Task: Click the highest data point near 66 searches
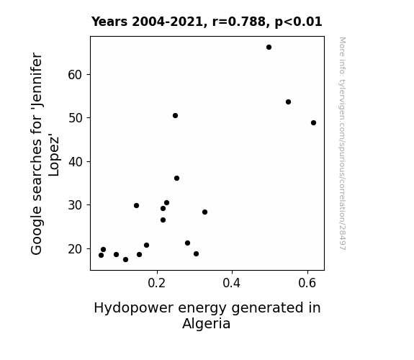[269, 48]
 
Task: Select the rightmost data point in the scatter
[313, 123]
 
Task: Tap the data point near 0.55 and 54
[288, 102]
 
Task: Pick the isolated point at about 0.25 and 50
[175, 116]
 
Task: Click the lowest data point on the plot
[126, 260]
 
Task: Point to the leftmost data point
[101, 255]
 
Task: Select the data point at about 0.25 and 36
[176, 179]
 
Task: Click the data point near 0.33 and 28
[204, 212]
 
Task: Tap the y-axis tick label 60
[75, 75]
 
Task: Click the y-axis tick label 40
[75, 162]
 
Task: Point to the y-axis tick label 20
[75, 249]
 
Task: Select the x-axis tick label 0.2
[157, 283]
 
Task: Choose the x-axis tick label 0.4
[232, 283]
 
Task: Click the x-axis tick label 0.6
[307, 283]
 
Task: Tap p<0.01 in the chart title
[298, 22]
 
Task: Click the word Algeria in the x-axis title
[206, 324]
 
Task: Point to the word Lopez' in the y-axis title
[53, 156]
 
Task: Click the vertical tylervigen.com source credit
[342, 143]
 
